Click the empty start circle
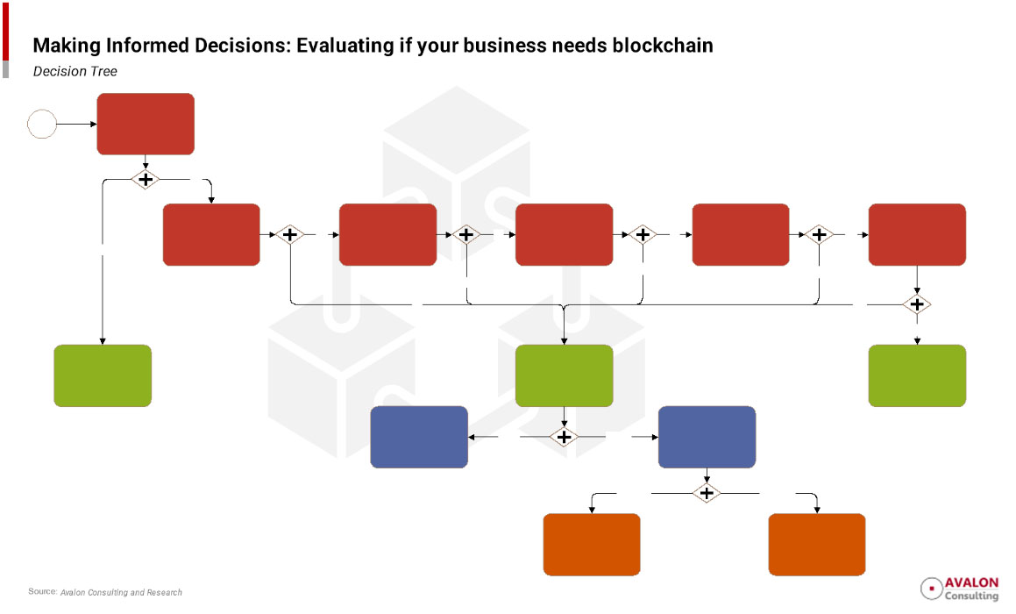[x=42, y=124]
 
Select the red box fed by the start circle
[x=146, y=124]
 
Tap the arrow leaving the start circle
[x=77, y=124]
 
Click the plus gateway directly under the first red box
[x=146, y=179]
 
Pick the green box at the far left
[x=103, y=375]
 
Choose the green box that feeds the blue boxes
[x=564, y=375]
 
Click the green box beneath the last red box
[x=917, y=375]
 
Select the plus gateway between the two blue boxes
[x=564, y=437]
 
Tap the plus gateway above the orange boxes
[x=707, y=493]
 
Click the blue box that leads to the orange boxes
[x=707, y=437]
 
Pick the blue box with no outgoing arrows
[x=419, y=437]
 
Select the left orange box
[x=592, y=544]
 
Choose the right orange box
[x=816, y=544]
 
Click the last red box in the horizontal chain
[x=917, y=234]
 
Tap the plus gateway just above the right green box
[x=917, y=304]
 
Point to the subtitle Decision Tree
[x=75, y=71]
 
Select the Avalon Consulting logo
[x=959, y=589]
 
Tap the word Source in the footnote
[x=41, y=592]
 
